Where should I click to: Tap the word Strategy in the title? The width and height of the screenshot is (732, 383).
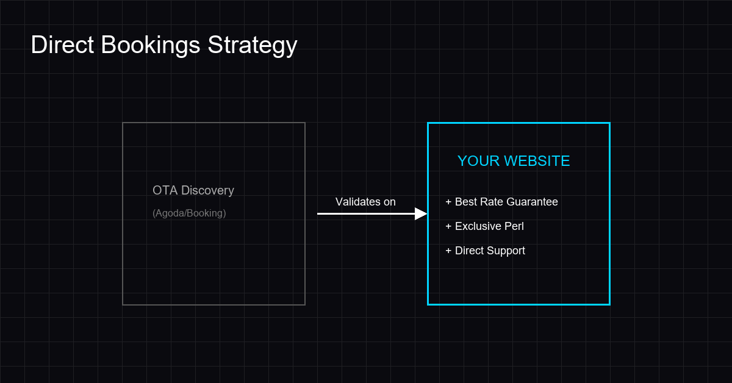click(253, 45)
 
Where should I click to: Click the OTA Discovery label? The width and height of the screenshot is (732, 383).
click(193, 190)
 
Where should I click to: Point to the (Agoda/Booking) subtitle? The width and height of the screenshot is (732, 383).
click(189, 213)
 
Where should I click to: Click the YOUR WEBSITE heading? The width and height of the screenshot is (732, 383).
click(514, 161)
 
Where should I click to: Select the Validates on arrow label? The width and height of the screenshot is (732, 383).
click(365, 202)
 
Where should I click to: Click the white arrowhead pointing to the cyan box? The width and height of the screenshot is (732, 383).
click(421, 213)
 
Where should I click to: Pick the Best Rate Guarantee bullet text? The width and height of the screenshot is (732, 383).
click(506, 202)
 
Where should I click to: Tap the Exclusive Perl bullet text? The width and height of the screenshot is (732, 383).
click(489, 226)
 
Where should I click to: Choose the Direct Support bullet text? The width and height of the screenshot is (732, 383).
click(490, 251)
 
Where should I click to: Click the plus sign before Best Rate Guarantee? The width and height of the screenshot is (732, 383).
click(448, 202)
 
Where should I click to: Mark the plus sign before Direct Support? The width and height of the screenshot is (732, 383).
click(448, 251)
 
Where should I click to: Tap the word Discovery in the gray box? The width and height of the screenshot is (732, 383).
click(207, 190)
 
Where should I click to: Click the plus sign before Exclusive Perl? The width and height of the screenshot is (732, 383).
click(448, 226)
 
